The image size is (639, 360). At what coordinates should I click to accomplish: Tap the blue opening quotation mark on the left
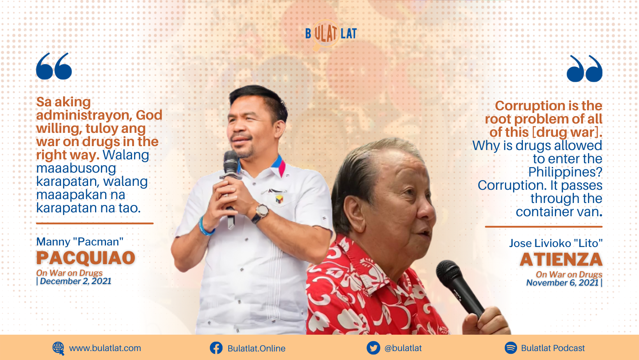(x=54, y=66)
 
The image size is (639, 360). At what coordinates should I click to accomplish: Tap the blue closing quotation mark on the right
(x=584, y=69)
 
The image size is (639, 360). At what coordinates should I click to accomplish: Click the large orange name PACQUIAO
(x=86, y=258)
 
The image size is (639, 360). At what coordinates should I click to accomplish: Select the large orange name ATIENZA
(x=561, y=259)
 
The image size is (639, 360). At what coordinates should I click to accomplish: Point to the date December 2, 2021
(x=76, y=281)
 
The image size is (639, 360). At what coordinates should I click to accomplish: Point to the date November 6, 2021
(x=563, y=283)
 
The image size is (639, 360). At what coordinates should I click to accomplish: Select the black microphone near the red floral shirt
(x=460, y=288)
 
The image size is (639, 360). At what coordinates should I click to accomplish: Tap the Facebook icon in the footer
(x=216, y=348)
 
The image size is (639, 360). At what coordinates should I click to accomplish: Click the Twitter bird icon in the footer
(x=373, y=348)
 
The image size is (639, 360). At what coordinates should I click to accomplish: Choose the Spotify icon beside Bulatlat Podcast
(x=511, y=348)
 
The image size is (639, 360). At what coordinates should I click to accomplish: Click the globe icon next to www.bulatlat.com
(x=58, y=348)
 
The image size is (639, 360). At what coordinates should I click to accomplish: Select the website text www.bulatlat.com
(x=105, y=348)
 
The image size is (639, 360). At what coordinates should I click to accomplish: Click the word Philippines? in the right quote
(x=565, y=172)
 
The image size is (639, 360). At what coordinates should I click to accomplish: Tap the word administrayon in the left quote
(x=84, y=115)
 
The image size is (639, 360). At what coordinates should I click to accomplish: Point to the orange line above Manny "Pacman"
(x=95, y=223)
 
